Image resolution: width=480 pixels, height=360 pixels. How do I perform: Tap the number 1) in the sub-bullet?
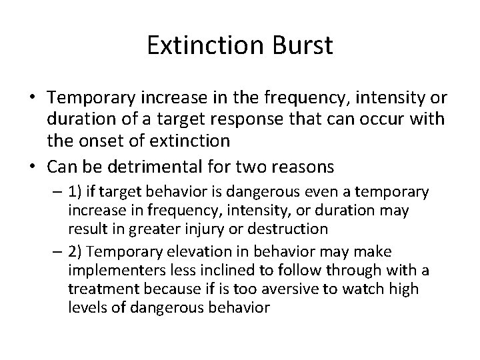coord(75,193)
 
